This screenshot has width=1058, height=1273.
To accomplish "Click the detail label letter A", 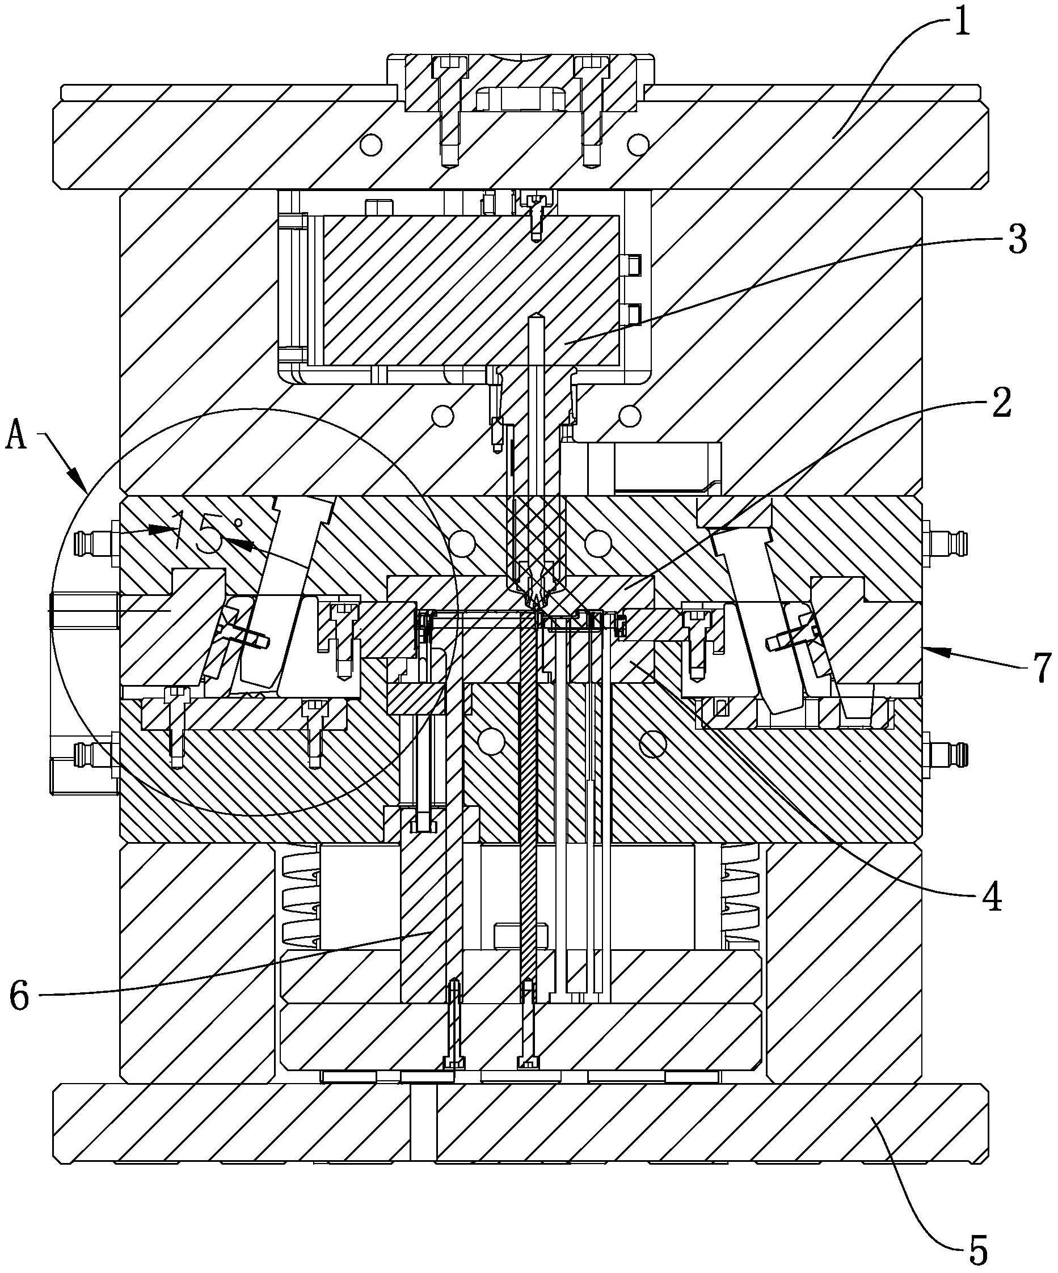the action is pyautogui.click(x=16, y=436).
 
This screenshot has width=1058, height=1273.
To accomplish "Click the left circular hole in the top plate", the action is pyautogui.click(x=370, y=143).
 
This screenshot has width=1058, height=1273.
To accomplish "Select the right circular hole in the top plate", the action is pyautogui.click(x=637, y=143).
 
